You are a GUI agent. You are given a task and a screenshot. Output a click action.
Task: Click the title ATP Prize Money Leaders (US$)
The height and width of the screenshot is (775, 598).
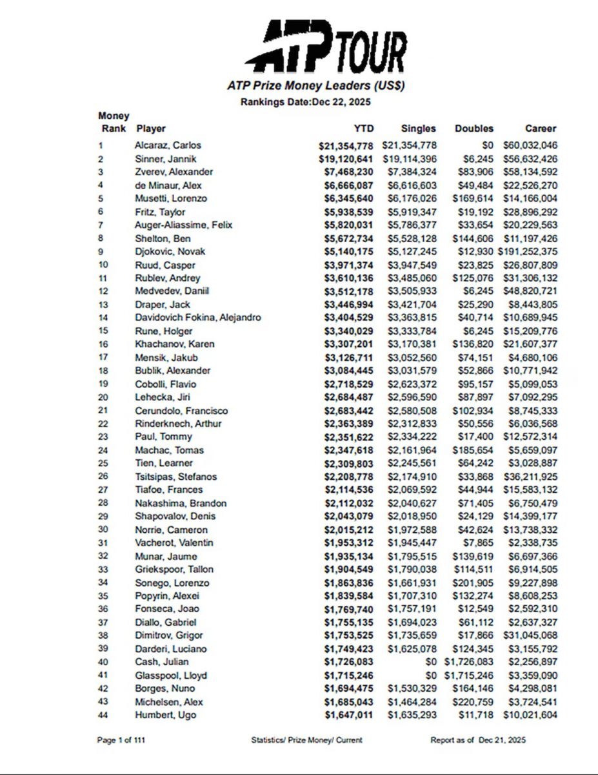tap(316, 85)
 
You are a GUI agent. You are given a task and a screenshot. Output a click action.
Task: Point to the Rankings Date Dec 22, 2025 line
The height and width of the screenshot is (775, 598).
tap(306, 102)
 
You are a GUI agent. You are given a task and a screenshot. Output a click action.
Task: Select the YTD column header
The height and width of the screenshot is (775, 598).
tap(364, 129)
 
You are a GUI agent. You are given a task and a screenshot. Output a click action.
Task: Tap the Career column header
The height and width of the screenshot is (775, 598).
tap(540, 129)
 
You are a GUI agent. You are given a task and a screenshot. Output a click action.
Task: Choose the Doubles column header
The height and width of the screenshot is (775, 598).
tap(474, 129)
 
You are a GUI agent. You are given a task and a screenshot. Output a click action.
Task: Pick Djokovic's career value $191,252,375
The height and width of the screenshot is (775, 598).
tap(527, 251)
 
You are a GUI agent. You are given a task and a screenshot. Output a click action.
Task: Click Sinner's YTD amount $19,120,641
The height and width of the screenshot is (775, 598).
tap(346, 159)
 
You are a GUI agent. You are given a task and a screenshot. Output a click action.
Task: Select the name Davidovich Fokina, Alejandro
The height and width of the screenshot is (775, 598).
tap(198, 317)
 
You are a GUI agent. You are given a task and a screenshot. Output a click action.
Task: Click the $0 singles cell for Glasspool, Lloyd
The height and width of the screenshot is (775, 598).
tap(430, 676)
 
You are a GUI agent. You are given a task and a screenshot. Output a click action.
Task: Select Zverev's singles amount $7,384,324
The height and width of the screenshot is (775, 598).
tap(410, 172)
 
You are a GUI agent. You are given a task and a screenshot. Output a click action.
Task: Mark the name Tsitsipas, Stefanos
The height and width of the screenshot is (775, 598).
tap(175, 477)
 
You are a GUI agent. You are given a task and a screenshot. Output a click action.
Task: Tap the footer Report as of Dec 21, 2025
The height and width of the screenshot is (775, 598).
tap(478, 740)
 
